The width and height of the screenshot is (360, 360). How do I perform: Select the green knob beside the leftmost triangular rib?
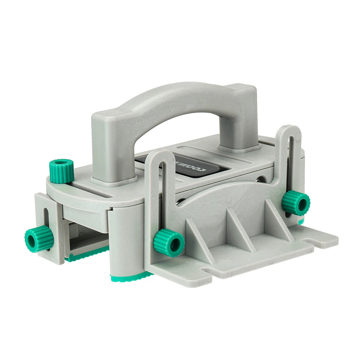tap(169, 242)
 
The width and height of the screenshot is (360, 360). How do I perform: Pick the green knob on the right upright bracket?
tap(295, 203)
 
